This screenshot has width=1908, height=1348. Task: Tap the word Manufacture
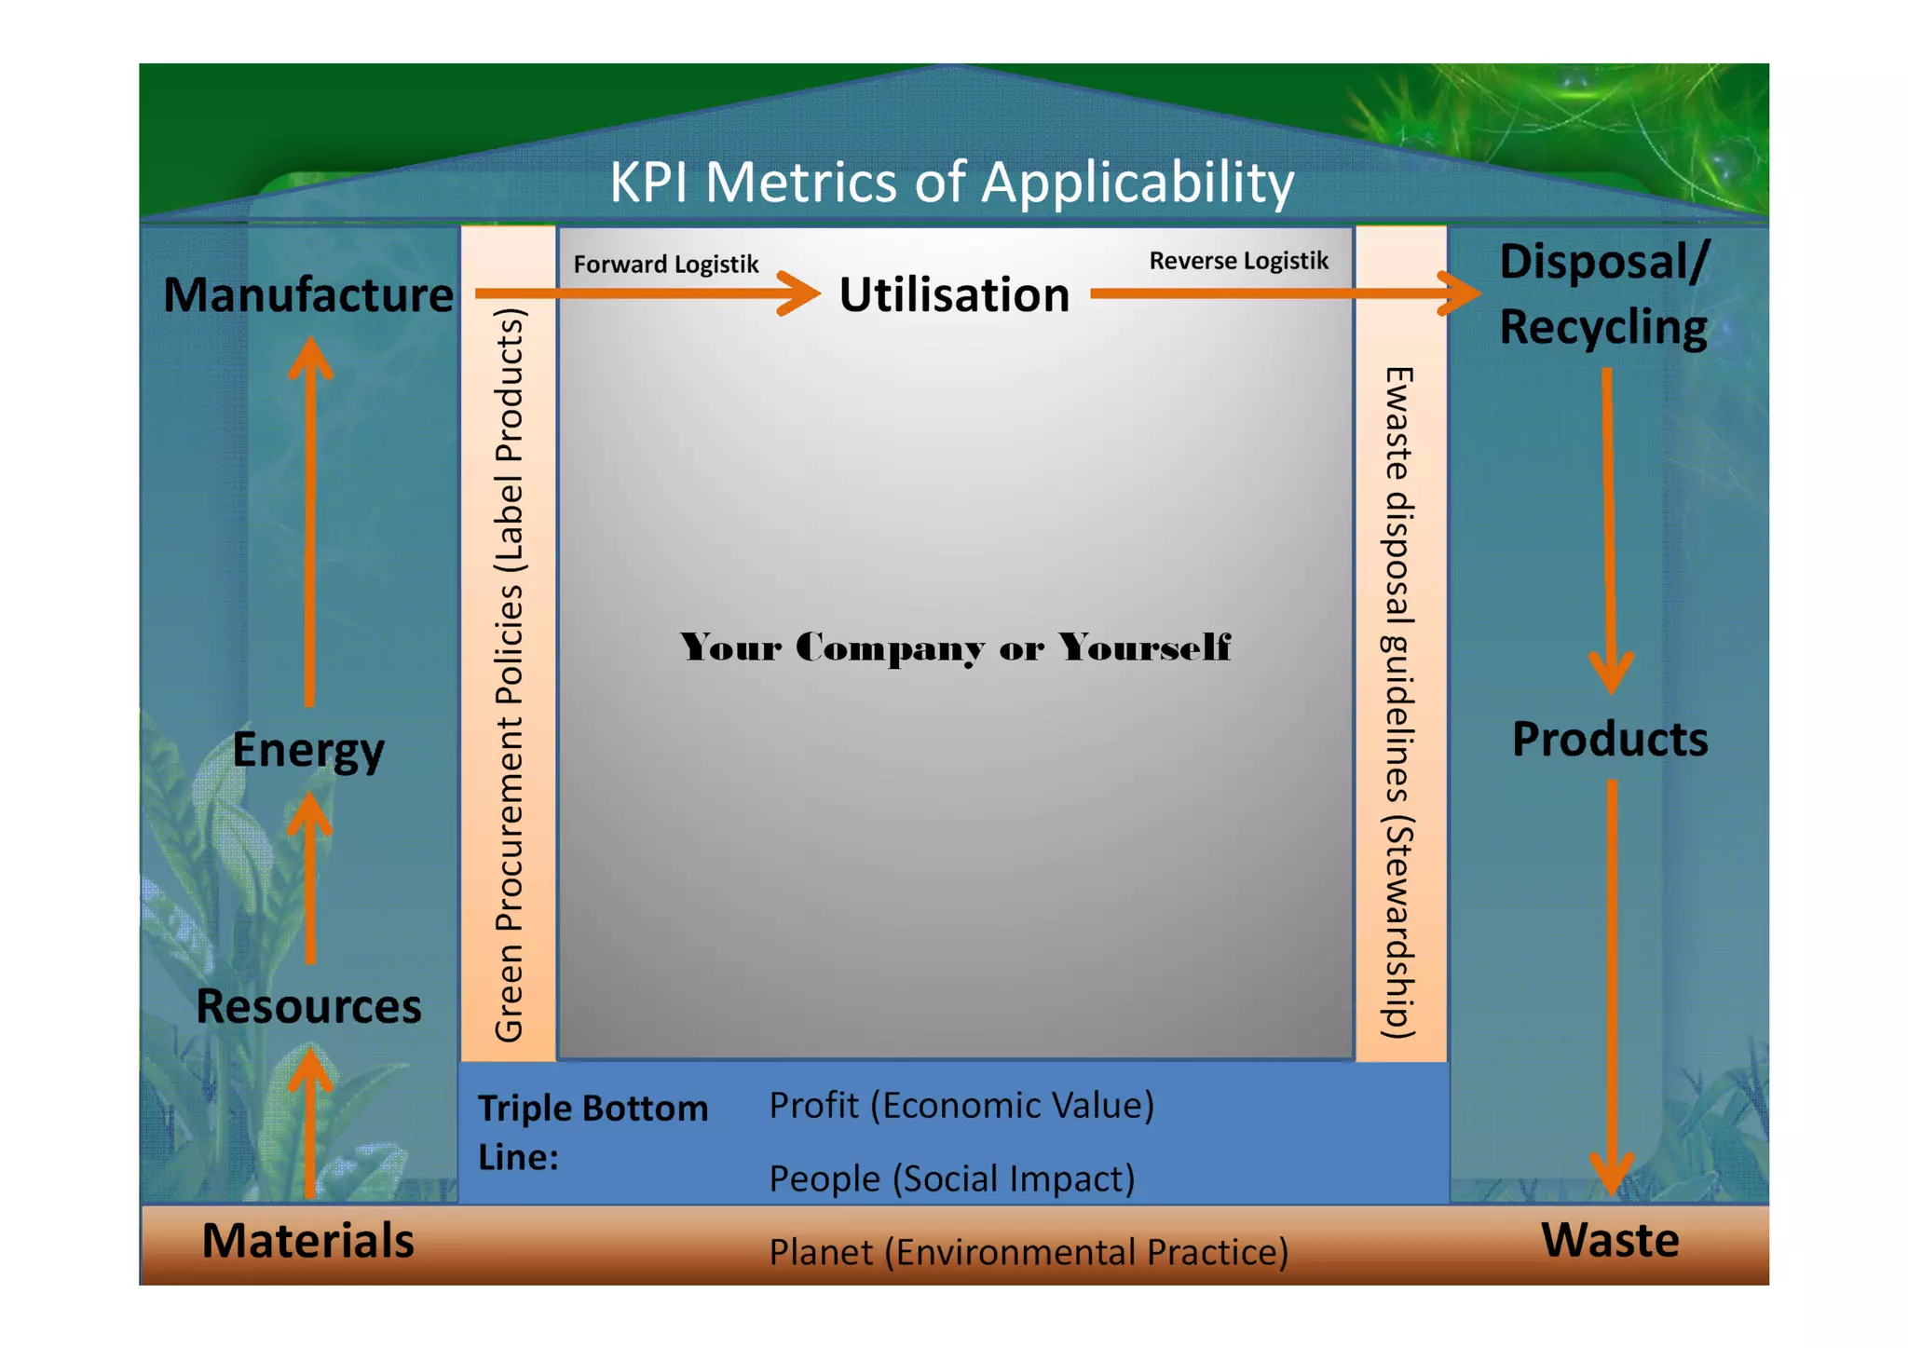(x=308, y=294)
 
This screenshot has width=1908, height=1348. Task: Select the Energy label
(x=308, y=750)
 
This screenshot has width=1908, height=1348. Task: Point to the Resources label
(x=308, y=1006)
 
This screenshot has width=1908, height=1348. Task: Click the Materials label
(x=308, y=1240)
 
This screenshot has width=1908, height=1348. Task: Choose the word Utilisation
(x=954, y=295)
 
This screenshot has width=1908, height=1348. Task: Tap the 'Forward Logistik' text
(x=666, y=265)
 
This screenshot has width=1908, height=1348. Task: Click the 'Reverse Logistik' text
(x=1238, y=261)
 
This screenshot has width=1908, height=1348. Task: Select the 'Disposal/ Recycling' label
(x=1603, y=293)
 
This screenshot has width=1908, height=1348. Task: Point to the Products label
(x=1610, y=739)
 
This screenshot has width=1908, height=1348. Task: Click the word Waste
(x=1610, y=1240)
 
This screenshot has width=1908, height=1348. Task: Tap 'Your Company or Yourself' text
(x=955, y=647)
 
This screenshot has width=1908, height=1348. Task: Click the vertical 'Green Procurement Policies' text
(x=509, y=675)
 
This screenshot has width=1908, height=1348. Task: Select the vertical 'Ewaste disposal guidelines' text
(x=1399, y=703)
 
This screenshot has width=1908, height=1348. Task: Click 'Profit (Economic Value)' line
(x=961, y=1106)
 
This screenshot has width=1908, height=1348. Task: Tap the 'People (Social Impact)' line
(x=951, y=1178)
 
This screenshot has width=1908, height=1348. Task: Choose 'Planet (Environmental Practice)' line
(x=1029, y=1252)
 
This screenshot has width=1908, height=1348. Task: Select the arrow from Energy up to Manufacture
(x=310, y=522)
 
